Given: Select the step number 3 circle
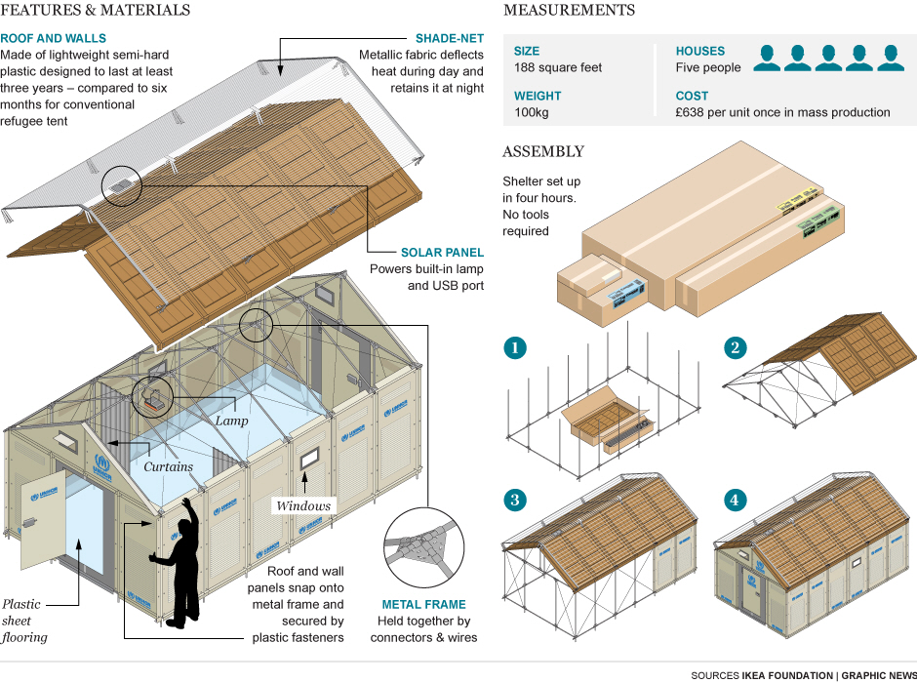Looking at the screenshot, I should pos(514,501).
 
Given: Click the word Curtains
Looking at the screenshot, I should pos(168,466).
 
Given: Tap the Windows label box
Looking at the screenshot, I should pos(304,505).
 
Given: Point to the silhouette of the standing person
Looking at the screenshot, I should pos(179,566).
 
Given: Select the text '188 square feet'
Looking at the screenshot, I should pos(558,68).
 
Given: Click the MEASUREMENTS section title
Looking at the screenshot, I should pos(569,11).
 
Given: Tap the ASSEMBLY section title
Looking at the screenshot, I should pos(542,152).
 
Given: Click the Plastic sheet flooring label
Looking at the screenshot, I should pos(23,621).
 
